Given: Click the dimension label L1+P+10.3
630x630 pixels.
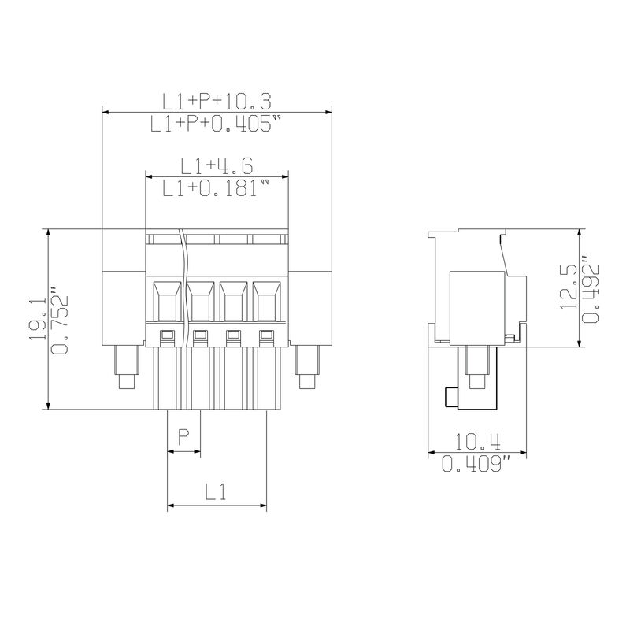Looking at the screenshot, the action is coord(217,102).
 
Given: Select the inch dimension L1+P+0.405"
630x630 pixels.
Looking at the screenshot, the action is coord(216,124).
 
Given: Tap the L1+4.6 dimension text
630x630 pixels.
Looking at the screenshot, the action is coord(217,166).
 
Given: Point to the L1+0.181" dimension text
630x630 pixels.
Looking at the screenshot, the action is coord(216,188).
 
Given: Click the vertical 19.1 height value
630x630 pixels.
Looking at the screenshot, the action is coord(38,320).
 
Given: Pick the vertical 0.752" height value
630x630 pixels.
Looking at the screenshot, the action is coord(61,320).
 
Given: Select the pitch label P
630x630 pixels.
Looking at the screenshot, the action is coord(183,438).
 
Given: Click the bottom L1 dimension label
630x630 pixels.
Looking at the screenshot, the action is coord(216,491).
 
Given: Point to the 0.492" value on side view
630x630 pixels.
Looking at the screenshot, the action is coord(591,289).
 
